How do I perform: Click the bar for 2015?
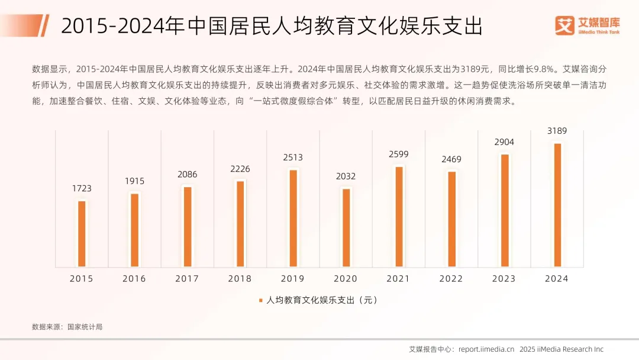tap(82, 233)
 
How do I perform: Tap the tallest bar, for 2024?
tap(557, 204)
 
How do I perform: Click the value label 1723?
tap(82, 188)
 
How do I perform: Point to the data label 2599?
tap(399, 154)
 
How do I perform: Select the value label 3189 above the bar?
tap(557, 130)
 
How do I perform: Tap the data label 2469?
tap(451, 159)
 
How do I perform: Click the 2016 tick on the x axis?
tap(134, 278)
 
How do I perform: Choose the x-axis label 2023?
tap(505, 278)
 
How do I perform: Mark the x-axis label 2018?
tap(240, 278)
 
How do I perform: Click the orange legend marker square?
tap(260, 300)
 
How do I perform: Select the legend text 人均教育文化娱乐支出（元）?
tap(322, 300)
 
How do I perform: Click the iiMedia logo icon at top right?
tap(565, 25)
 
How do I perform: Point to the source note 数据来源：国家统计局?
tap(67, 326)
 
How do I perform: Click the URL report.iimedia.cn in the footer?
tap(486, 349)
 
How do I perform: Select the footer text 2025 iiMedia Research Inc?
tap(561, 349)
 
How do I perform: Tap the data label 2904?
tap(505, 142)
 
